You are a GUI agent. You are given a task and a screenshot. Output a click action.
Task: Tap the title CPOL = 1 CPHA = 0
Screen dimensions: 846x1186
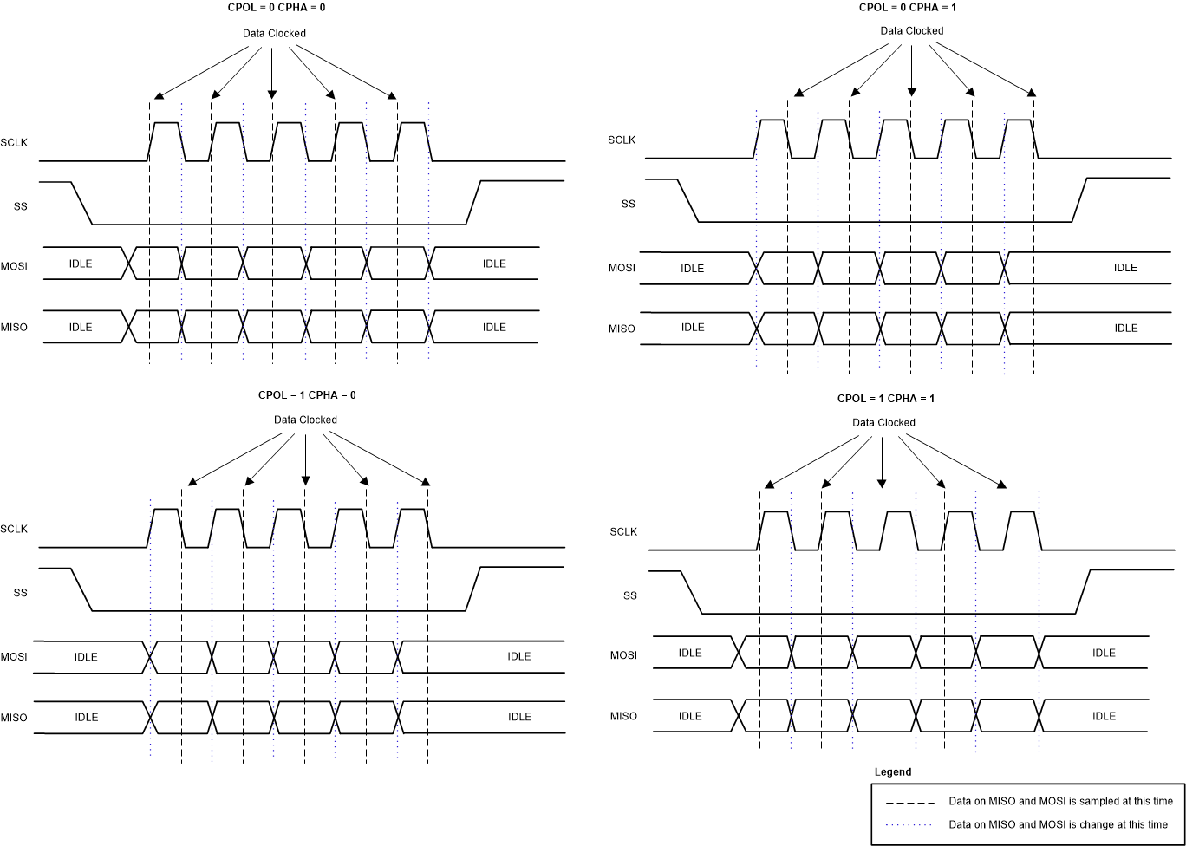click(307, 394)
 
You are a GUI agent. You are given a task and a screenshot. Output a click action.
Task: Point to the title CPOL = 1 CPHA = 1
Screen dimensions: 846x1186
click(885, 399)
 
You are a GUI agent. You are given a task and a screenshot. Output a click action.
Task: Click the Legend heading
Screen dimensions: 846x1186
click(892, 771)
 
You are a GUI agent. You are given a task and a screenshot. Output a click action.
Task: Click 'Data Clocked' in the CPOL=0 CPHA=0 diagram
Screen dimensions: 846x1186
click(274, 34)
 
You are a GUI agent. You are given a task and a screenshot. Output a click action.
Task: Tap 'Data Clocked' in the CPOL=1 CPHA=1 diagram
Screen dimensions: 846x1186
click(883, 423)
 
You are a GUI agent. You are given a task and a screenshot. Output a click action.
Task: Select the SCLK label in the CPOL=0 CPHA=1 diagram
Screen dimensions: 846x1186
click(622, 140)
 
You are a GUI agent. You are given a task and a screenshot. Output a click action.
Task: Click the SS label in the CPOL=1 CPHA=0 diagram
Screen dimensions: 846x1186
click(21, 593)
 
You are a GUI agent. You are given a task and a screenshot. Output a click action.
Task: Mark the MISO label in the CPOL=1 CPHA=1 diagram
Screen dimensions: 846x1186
click(622, 716)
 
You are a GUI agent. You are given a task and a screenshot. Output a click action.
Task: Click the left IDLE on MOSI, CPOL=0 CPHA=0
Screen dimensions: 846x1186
click(81, 264)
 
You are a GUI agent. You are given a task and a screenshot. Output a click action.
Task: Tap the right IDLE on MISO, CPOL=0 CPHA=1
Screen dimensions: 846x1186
click(1125, 328)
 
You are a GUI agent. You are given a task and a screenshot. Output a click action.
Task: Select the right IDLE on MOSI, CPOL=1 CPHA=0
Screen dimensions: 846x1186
click(519, 656)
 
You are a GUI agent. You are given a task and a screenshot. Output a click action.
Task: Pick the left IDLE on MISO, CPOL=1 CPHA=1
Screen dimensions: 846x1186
click(690, 716)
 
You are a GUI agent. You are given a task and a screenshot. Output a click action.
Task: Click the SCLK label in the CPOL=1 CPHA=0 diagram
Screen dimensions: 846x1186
click(14, 529)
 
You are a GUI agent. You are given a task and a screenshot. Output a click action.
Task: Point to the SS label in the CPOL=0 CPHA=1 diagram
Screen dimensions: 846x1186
click(628, 204)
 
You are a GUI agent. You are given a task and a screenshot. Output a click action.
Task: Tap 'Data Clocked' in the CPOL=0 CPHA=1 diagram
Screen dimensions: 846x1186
click(911, 30)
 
